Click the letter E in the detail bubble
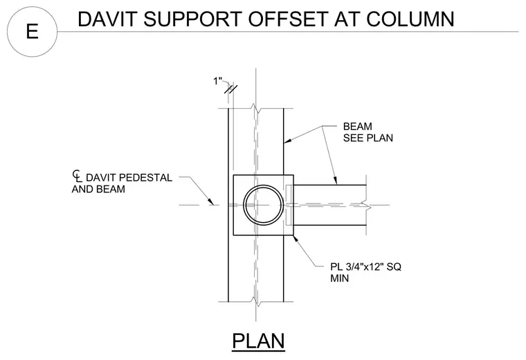[x=32, y=31]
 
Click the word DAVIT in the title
[x=107, y=19]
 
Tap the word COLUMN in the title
[x=410, y=19]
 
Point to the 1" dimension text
[x=218, y=81]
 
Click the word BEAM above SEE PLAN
[x=357, y=127]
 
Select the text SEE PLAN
[x=368, y=138]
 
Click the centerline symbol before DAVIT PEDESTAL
[x=77, y=177]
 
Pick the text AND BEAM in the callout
[x=98, y=189]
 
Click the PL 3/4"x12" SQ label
[x=365, y=267]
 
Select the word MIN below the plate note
[x=340, y=278]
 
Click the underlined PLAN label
[x=258, y=341]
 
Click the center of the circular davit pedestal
[x=263, y=205]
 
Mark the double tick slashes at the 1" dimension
[x=230, y=89]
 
